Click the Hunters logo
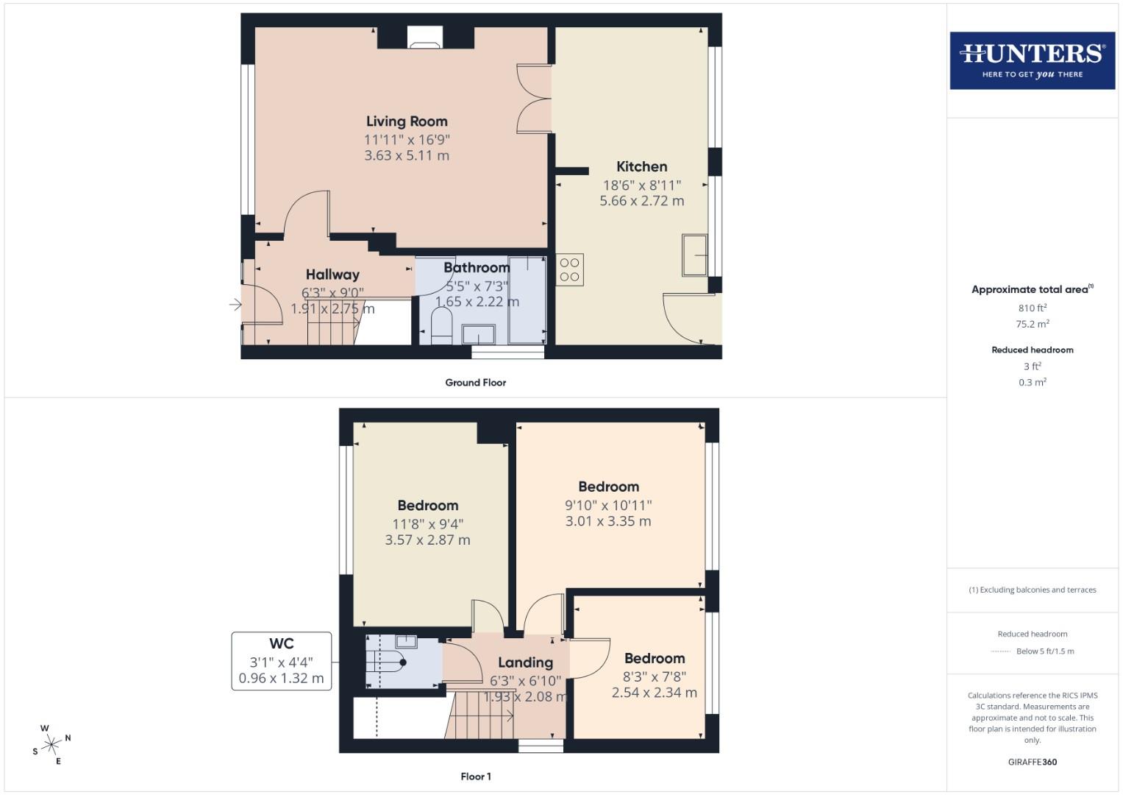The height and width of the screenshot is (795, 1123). click(1032, 60)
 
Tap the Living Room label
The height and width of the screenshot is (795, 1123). click(407, 121)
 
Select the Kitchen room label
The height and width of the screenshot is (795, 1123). click(641, 166)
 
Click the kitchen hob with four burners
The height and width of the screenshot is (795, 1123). click(569, 269)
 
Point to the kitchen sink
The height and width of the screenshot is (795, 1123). click(694, 255)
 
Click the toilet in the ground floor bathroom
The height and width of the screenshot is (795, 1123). click(441, 325)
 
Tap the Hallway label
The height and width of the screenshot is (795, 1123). click(332, 275)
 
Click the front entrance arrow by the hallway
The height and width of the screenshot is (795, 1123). click(235, 304)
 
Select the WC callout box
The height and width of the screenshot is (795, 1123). click(281, 660)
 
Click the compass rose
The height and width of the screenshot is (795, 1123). click(51, 744)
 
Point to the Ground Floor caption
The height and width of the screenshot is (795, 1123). click(475, 383)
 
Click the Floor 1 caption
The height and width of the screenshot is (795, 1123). click(475, 777)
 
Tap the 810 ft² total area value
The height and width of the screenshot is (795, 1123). click(1032, 308)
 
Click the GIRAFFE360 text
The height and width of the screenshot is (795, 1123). click(1032, 762)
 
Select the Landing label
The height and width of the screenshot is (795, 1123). click(525, 662)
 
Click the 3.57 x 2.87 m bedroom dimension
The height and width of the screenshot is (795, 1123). click(427, 540)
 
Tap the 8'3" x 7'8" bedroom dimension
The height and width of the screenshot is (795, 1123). click(655, 676)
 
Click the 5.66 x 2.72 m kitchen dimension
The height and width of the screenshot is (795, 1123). click(641, 200)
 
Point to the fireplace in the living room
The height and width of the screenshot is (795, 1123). click(425, 38)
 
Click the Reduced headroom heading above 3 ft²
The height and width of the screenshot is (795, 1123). click(1032, 350)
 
